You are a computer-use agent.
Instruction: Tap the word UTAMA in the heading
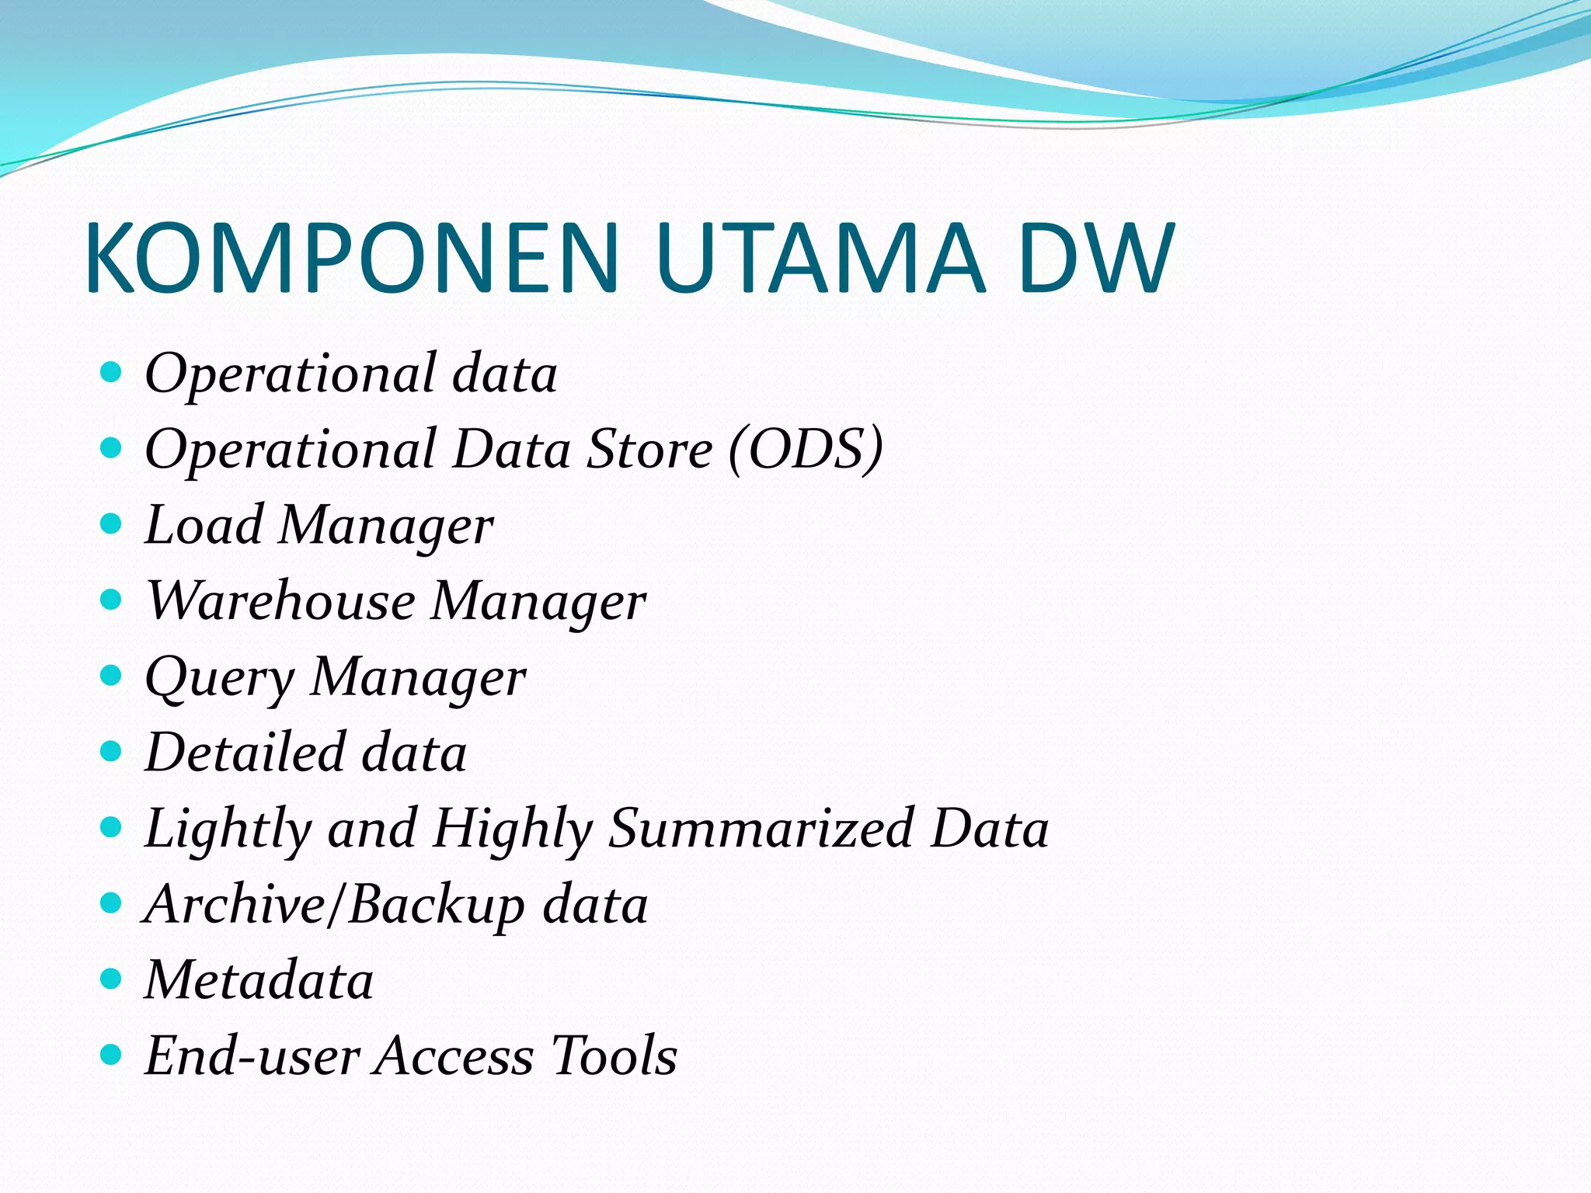(x=820, y=259)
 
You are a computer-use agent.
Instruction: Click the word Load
(x=204, y=525)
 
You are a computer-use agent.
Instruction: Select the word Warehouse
(x=280, y=600)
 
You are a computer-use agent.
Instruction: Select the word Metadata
(x=259, y=979)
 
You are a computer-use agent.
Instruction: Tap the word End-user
(x=252, y=1056)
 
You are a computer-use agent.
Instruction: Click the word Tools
(x=614, y=1056)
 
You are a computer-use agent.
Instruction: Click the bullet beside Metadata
(x=112, y=978)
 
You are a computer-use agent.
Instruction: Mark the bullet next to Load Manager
(x=112, y=523)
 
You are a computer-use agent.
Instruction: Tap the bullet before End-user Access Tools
(x=112, y=1054)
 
